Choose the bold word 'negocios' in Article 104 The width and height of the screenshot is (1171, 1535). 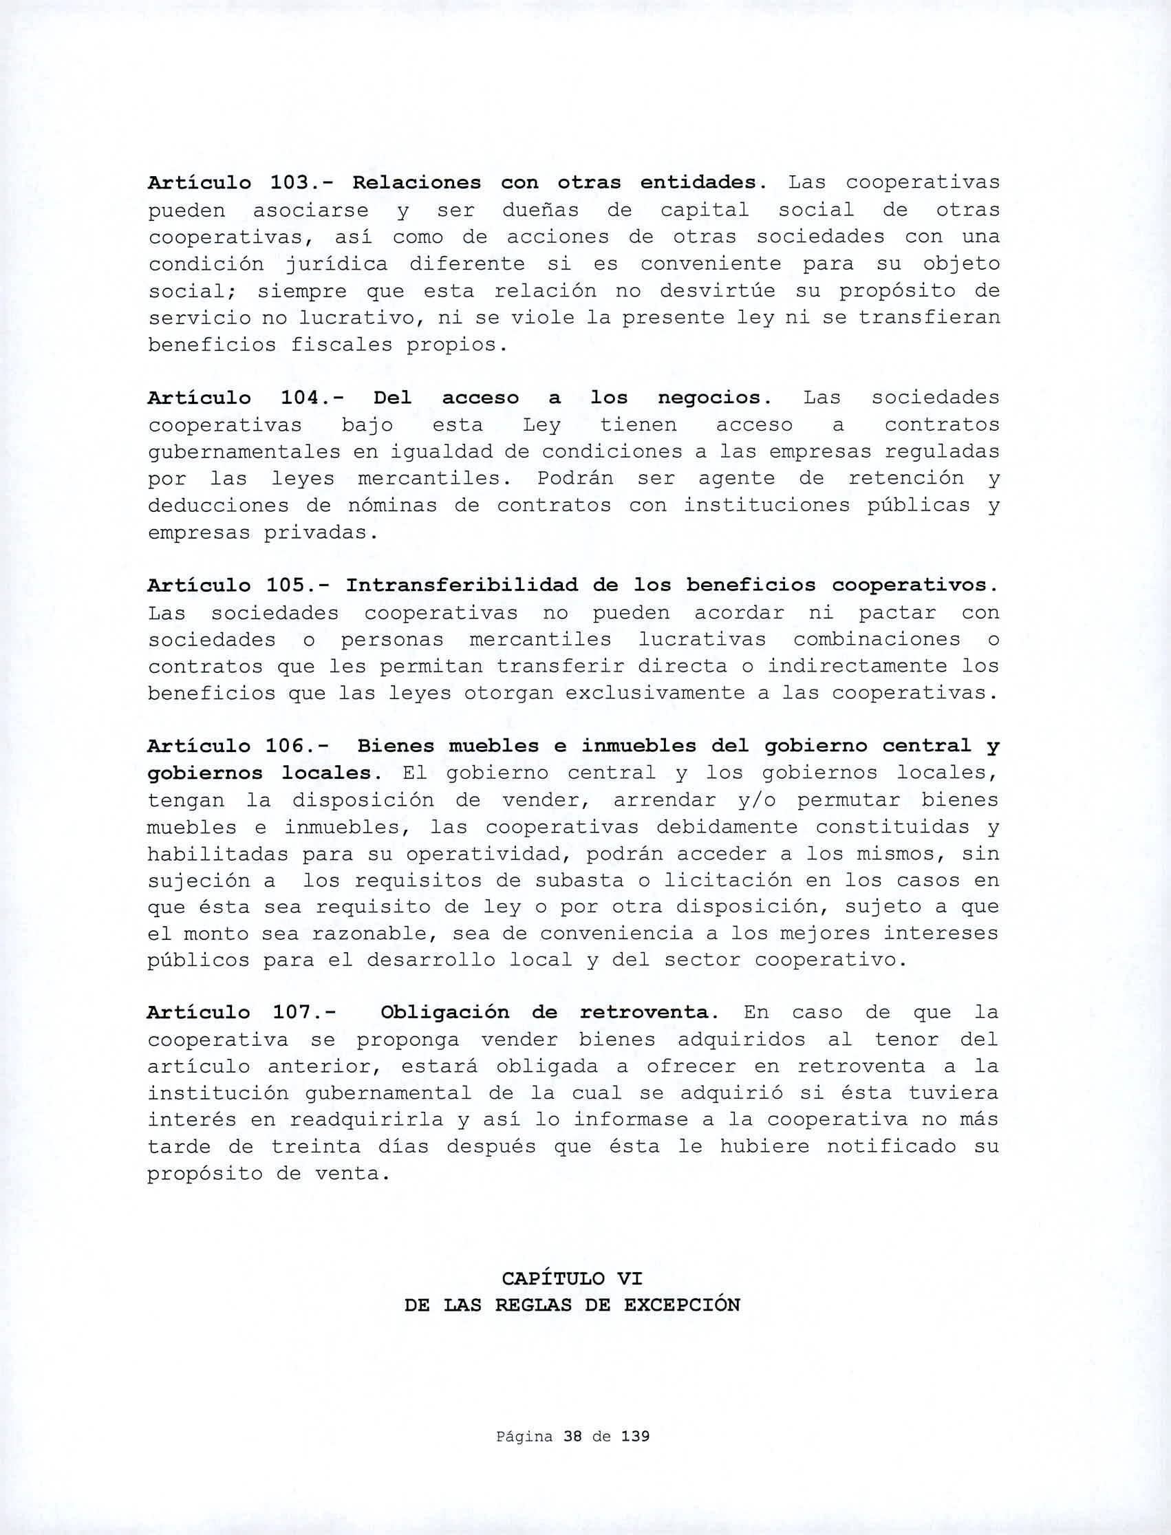click(x=713, y=398)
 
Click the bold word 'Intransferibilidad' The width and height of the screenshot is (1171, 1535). click(x=462, y=585)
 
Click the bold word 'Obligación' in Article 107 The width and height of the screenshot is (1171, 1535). click(x=445, y=1012)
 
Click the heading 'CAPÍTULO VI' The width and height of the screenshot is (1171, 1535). click(x=572, y=1278)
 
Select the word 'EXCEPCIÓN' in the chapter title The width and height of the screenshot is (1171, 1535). click(x=682, y=1305)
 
